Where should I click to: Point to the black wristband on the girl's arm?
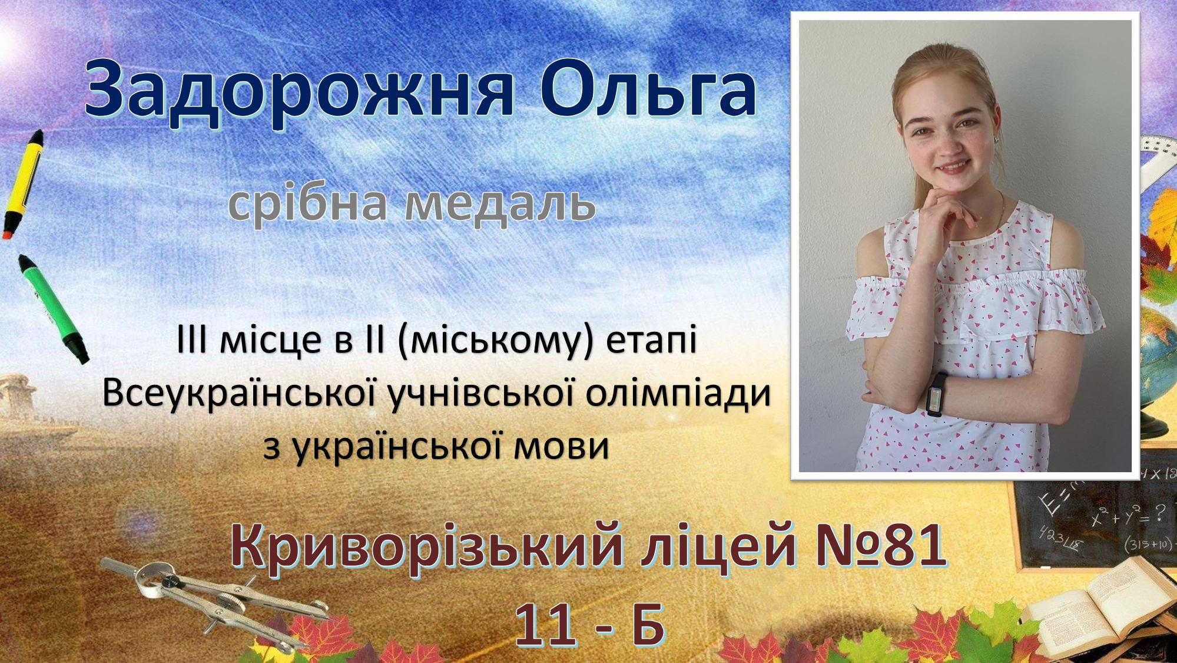tap(936, 394)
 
